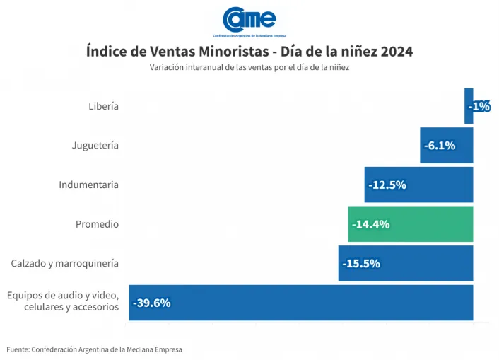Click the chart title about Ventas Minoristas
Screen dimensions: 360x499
(249, 52)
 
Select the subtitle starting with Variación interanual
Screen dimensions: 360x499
(249, 67)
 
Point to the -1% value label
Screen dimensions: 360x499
(479, 106)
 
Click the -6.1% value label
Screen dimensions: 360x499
(440, 146)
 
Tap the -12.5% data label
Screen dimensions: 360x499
(387, 185)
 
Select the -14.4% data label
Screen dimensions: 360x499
(371, 224)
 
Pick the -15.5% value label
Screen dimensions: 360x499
(361, 264)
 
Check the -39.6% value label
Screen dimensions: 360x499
(151, 303)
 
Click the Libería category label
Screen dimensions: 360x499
(103, 106)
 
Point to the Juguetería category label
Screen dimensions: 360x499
(95, 146)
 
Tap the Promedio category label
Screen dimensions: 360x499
(97, 224)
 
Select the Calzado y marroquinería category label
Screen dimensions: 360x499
(64, 264)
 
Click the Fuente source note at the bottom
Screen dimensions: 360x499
(94, 349)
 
